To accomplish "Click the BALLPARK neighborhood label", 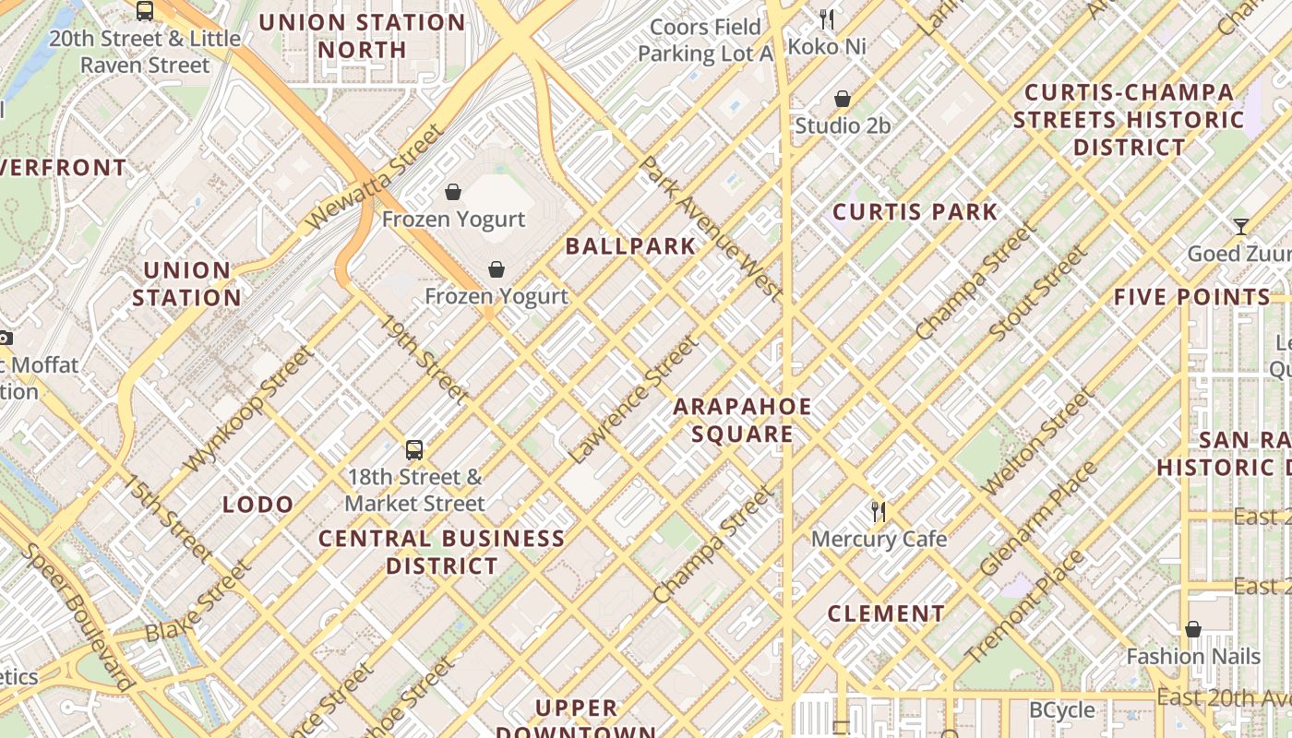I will [630, 246].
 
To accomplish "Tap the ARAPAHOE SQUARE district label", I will [742, 421].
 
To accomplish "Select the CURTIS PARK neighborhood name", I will [915, 212].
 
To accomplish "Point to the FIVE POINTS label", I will [1191, 297].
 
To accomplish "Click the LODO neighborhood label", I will [258, 505].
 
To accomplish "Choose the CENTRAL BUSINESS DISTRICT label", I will [442, 552].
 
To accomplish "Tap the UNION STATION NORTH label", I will [362, 36].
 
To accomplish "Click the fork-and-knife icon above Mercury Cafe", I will [879, 511].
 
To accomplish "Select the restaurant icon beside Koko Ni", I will [827, 18].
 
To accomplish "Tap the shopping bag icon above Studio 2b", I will [843, 99].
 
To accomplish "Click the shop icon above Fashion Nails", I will [1193, 629].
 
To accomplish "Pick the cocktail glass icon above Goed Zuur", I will [1241, 226].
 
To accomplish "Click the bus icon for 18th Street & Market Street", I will [414, 450].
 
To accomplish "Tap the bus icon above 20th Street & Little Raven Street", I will [145, 11].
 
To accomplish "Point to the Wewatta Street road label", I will [374, 177].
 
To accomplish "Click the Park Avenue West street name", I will [710, 228].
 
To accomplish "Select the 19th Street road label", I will [425, 360].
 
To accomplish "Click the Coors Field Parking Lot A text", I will [706, 41].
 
